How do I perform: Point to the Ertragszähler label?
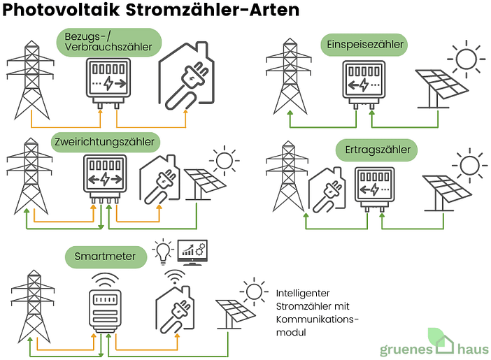click(x=377, y=150)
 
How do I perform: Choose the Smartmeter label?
click(x=106, y=257)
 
